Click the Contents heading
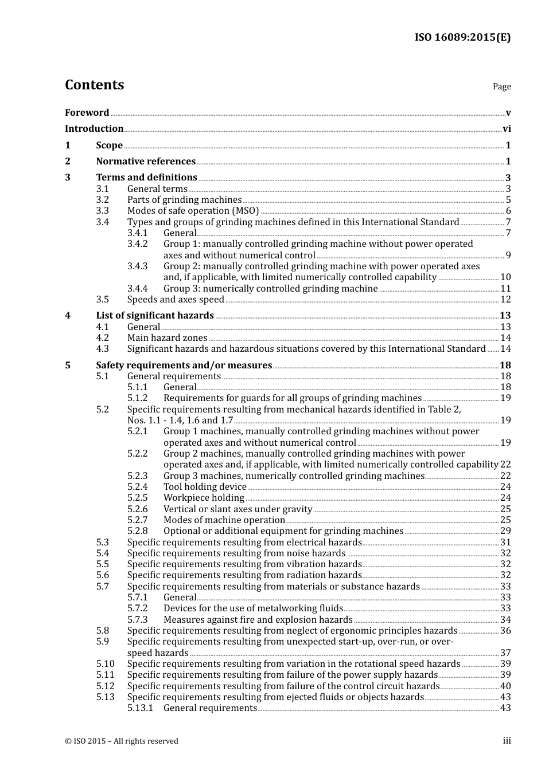[95, 85]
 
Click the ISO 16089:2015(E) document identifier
[462, 38]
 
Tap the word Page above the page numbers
[501, 87]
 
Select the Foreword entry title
[87, 113]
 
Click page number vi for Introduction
[507, 129]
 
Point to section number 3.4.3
[137, 266]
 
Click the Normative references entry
[146, 162]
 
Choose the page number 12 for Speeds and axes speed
[505, 300]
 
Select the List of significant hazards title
[155, 316]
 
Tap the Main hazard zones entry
[167, 338]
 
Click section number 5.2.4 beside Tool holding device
[137, 487]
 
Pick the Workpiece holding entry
[204, 498]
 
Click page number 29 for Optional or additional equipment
[505, 531]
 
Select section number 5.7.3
[137, 620]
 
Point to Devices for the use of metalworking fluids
[253, 608]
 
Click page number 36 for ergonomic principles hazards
[505, 631]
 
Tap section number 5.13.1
[140, 708]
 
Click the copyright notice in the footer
[122, 741]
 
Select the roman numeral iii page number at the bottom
[507, 741]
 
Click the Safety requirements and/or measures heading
[184, 366]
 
